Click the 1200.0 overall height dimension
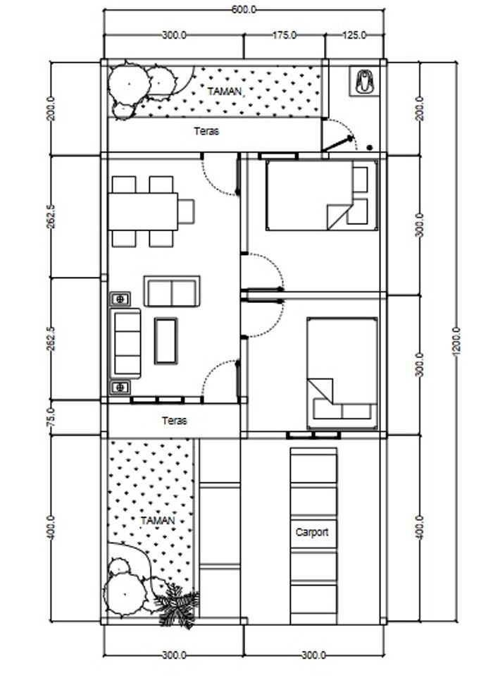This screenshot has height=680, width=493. pos(456,342)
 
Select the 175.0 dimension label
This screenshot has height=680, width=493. pos(285,35)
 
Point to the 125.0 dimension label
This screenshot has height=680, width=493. pos(354,35)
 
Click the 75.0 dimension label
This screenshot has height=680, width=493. pos(51,417)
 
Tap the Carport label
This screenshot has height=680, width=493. pos(312,532)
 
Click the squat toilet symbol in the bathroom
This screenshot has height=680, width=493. pos(364,81)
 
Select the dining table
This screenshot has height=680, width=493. pos(143,211)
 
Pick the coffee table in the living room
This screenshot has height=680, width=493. pos(166,341)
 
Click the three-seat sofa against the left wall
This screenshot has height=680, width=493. pos(127,343)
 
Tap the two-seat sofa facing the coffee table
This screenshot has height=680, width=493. pos(172,292)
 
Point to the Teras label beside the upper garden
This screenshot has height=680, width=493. pos(206,131)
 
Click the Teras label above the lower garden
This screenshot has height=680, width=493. pos(175,420)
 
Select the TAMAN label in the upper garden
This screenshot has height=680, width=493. pos(225,92)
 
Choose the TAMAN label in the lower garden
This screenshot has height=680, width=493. pos(158,521)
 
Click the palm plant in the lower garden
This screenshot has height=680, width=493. pos(177,605)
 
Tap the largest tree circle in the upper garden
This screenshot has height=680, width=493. pos(129,83)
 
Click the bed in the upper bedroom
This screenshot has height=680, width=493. pos(322,194)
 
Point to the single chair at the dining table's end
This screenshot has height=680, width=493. pos(186,211)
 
